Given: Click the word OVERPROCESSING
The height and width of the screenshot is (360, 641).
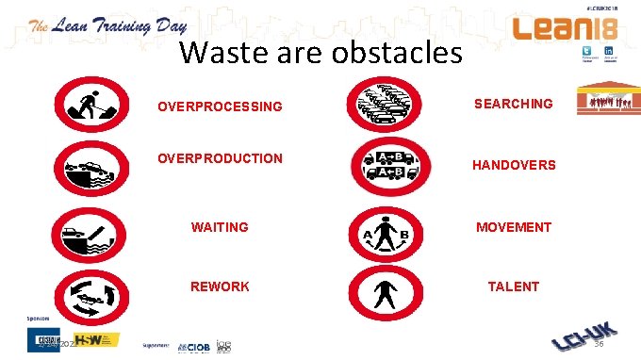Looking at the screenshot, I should [220, 106].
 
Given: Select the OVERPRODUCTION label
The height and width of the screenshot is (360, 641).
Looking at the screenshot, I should [220, 157].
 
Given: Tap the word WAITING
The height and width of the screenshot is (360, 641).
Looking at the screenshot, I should [220, 227].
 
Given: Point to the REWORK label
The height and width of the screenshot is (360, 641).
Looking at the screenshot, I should [220, 286].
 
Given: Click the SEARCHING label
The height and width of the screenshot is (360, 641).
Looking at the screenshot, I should [513, 104].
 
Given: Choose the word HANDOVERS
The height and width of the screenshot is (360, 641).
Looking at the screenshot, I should [514, 165].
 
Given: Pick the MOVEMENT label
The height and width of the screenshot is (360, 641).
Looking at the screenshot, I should [513, 227].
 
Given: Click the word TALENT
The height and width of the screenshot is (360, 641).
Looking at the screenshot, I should [513, 286].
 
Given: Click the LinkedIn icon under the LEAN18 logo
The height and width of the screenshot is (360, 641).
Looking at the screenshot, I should [610, 54].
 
